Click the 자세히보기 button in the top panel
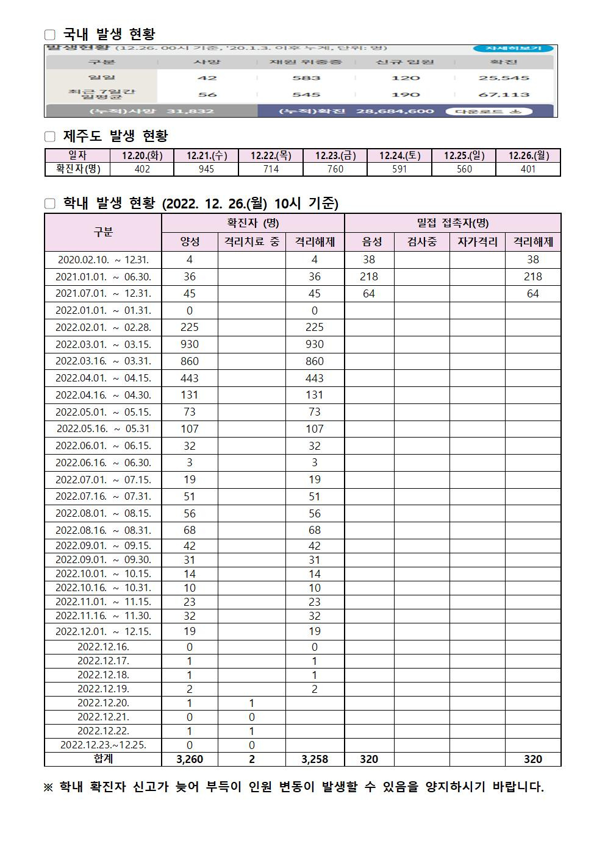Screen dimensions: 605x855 513,49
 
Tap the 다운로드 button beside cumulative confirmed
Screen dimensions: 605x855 489,112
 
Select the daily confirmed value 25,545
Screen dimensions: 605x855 504,78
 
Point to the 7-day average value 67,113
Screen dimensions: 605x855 504,94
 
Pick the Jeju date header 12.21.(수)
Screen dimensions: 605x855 207,155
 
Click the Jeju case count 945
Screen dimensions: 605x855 207,169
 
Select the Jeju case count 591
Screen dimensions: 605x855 399,169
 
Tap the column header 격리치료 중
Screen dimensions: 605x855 251,242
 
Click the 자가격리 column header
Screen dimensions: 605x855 477,242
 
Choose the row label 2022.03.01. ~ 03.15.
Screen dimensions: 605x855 103,344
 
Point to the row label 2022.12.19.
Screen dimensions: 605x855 103,689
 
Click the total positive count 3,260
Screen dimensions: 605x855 190,759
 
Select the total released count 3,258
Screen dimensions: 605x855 315,759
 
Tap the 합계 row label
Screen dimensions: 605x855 103,759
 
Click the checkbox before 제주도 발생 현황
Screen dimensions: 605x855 50,137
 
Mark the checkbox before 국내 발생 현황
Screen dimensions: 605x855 50,35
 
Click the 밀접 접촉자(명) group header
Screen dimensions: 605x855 453,223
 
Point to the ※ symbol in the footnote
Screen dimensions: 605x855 48,787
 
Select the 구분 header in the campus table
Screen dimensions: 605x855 103,232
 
